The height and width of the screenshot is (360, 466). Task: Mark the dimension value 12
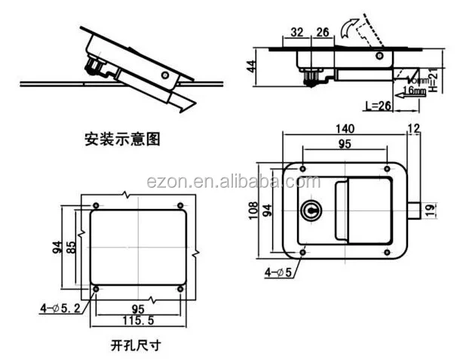(x=413, y=128)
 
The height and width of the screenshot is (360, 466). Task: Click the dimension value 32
(x=296, y=32)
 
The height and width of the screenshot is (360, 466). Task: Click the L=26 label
(x=374, y=106)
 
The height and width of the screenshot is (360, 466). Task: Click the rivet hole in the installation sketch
(x=166, y=76)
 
